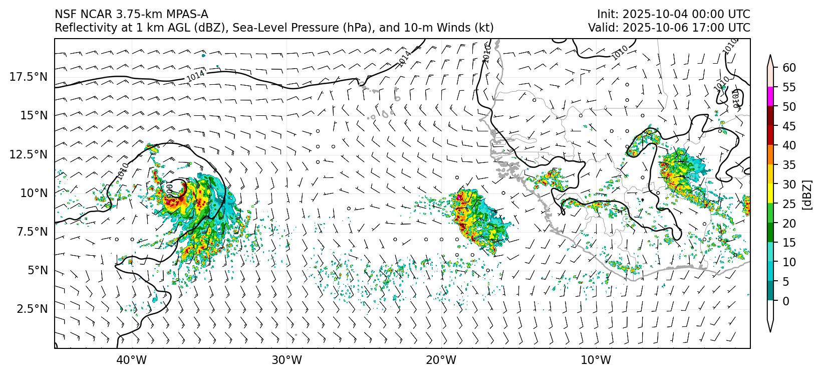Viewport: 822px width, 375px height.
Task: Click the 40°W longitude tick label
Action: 132,360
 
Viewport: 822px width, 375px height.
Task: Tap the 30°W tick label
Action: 287,360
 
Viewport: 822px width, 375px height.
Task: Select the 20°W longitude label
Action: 441,360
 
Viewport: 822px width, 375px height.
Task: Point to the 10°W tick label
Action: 596,360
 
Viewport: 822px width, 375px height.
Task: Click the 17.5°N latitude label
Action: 28,77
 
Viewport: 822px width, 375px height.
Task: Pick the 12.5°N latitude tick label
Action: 28,154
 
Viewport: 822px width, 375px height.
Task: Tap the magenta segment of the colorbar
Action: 771,97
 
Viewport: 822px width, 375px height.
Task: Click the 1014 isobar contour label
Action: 195,76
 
